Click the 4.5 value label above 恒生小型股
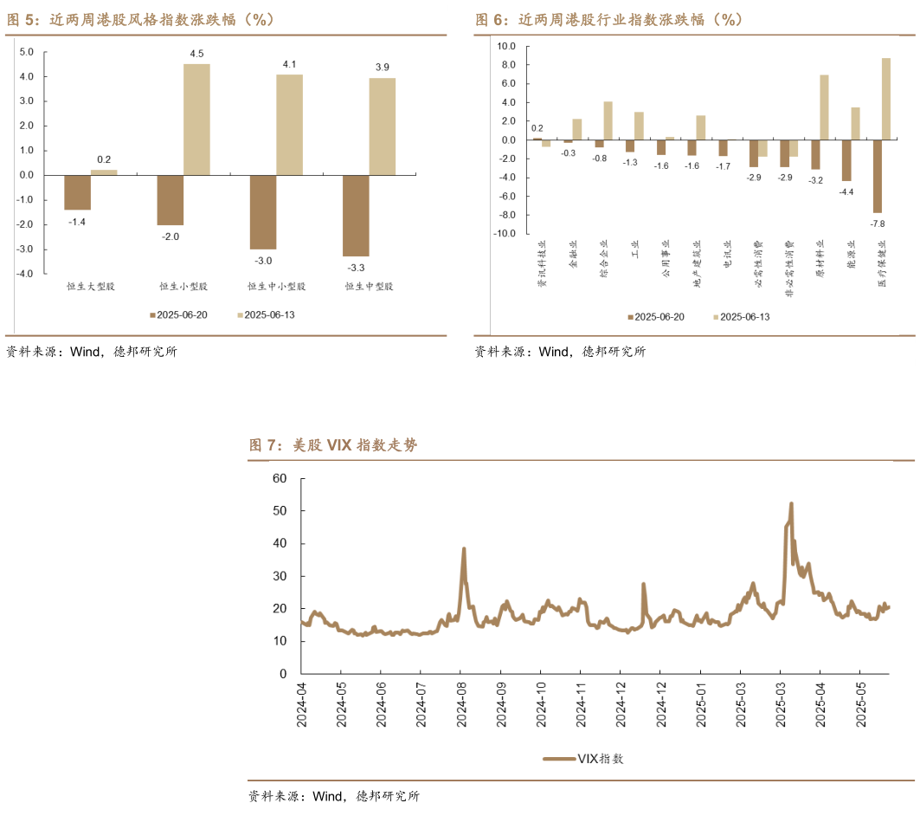pyautogui.click(x=197, y=54)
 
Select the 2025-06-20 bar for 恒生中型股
pyautogui.click(x=357, y=216)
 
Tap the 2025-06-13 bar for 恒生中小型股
pyautogui.click(x=289, y=125)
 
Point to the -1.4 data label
pyautogui.click(x=77, y=222)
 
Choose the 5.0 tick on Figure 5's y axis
pyautogui.click(x=26, y=52)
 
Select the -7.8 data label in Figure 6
pyautogui.click(x=877, y=224)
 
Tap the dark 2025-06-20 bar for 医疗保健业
pyautogui.click(x=877, y=177)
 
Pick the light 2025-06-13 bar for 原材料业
pyautogui.click(x=824, y=107)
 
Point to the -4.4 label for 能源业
pyautogui.click(x=846, y=192)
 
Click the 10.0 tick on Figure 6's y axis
pyautogui.click(x=506, y=46)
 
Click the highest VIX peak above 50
pyautogui.click(x=791, y=504)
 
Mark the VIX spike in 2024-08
pyautogui.click(x=464, y=549)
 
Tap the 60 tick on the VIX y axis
pyautogui.click(x=279, y=478)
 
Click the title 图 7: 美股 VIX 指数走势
pyautogui.click(x=333, y=445)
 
